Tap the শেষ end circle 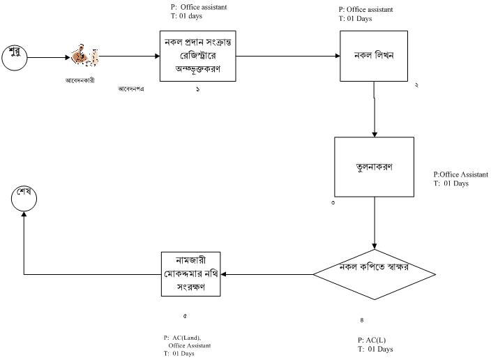24,197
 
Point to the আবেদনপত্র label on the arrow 132,89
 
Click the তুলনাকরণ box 374,167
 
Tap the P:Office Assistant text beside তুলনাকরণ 460,174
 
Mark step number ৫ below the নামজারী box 185,316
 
